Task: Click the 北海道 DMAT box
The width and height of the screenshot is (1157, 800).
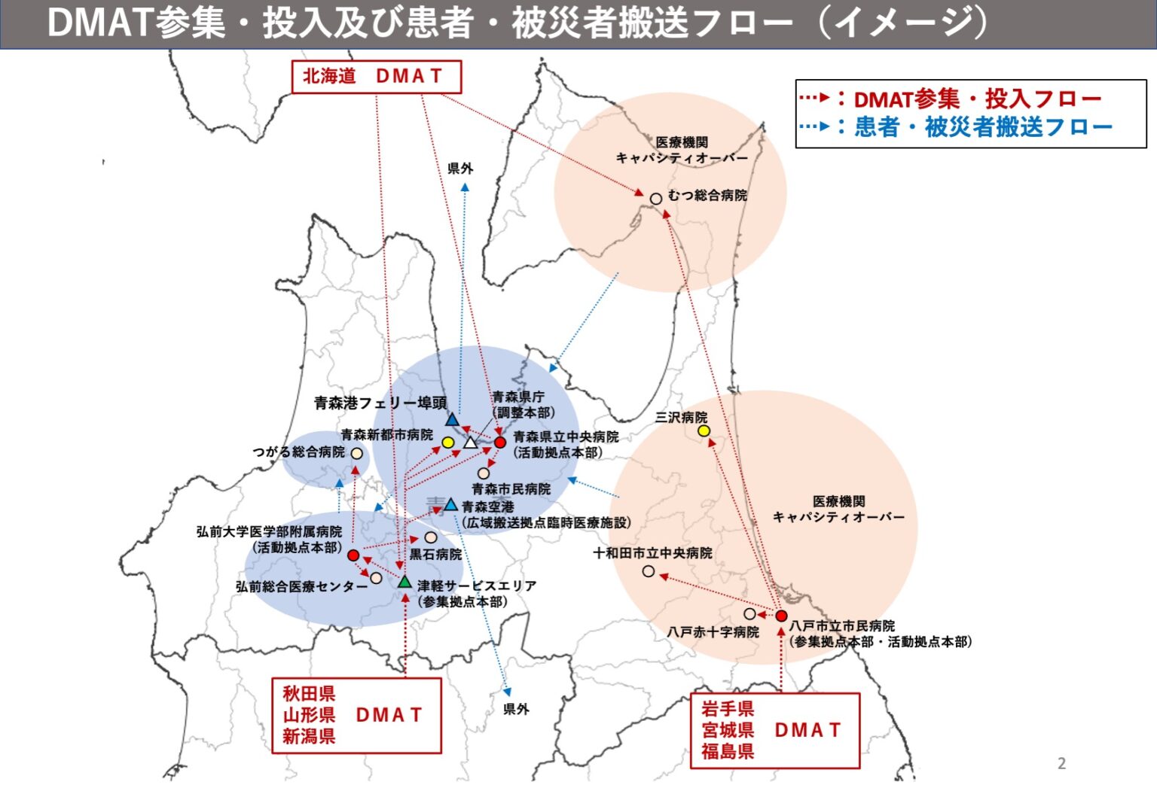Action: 376,76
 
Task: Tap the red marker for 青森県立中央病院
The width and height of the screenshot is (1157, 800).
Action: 499,442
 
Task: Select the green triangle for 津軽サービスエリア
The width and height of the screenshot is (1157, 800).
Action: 404,582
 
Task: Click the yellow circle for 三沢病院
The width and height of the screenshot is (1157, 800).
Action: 704,430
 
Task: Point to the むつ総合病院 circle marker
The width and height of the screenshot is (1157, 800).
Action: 656,199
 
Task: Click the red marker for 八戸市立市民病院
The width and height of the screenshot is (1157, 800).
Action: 781,616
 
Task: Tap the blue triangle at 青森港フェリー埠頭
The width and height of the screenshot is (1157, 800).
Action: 452,420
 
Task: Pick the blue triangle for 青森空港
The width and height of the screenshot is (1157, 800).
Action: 450,504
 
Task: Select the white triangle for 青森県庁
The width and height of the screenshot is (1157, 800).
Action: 471,443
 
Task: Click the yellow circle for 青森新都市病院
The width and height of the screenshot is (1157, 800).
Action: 447,442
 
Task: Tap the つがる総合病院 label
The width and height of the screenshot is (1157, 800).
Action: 298,452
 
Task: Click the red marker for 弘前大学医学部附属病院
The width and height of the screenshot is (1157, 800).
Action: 353,555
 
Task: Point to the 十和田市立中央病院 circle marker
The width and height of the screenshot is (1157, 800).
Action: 649,571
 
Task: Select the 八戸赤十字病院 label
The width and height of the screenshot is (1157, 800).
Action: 713,632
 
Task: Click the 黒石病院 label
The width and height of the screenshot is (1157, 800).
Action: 435,555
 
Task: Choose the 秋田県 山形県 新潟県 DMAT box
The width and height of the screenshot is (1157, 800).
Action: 356,715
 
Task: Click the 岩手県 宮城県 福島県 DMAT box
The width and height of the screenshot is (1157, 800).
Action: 774,730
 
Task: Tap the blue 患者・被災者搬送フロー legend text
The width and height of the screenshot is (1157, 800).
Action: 983,126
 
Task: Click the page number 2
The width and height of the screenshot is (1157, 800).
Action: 1061,763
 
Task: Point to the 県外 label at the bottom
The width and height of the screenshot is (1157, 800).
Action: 516,709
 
